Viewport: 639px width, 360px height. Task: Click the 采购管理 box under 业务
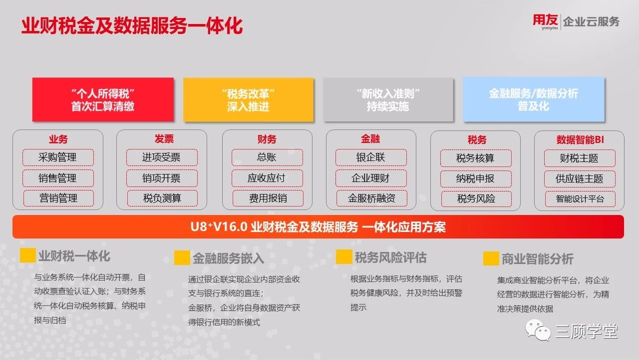click(x=58, y=157)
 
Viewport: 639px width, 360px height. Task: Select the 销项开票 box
click(x=162, y=178)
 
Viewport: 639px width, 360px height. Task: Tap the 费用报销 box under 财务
click(x=268, y=198)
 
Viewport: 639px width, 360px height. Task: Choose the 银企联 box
click(x=371, y=157)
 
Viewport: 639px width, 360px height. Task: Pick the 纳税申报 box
click(x=476, y=179)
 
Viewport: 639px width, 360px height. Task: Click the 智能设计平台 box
click(x=580, y=199)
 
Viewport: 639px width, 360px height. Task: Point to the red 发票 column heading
click(x=164, y=139)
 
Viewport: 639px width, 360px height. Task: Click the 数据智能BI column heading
click(x=580, y=139)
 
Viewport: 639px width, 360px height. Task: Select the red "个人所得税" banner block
click(x=103, y=99)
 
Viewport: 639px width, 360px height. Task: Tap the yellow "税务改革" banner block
click(x=248, y=100)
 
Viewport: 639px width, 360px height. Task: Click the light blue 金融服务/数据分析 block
click(x=534, y=99)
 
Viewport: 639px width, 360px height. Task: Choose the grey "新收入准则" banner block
click(x=388, y=100)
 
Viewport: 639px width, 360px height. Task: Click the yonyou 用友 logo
click(x=545, y=21)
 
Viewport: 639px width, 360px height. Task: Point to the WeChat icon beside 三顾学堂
click(x=538, y=330)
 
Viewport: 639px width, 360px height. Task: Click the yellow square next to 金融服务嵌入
click(x=182, y=257)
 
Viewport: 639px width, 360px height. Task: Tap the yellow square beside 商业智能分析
click(x=491, y=258)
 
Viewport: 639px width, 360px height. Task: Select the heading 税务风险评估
click(x=390, y=257)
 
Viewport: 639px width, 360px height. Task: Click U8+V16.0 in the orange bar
click(x=219, y=227)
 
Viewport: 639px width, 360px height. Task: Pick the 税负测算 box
click(x=162, y=198)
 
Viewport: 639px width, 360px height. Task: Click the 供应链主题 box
click(x=580, y=179)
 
